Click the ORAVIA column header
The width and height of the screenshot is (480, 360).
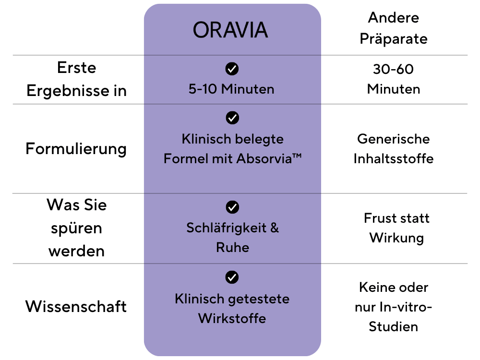[x=230, y=30]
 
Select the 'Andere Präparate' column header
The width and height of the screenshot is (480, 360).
[x=394, y=28]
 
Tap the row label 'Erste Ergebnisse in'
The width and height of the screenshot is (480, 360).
[x=76, y=79]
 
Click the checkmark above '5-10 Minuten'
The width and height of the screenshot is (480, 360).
[x=232, y=69]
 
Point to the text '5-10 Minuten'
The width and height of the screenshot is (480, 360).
[x=231, y=89]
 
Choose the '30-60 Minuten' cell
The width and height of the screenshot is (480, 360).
[x=394, y=79]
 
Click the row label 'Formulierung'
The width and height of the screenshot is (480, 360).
[x=76, y=149]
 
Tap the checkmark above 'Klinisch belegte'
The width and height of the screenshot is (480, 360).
[x=232, y=118]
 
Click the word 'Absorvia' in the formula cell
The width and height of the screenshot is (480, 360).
[x=264, y=158]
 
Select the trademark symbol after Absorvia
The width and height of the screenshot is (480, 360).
[x=297, y=156]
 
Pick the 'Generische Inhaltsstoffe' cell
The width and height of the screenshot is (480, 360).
[x=394, y=149]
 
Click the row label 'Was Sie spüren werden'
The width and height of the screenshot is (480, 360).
[x=76, y=228]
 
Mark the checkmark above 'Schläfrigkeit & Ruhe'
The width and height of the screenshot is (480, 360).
[x=232, y=207]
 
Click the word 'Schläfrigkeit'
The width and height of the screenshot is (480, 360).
[x=227, y=228]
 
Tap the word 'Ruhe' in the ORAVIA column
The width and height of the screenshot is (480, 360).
[x=233, y=247]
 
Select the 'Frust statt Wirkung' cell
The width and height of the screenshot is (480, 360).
[x=396, y=228]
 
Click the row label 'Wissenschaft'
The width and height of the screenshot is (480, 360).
[x=76, y=306]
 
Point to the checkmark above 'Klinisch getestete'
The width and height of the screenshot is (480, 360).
[x=232, y=277]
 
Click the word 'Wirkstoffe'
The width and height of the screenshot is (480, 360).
[x=232, y=318]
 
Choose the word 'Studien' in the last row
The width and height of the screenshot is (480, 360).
[x=394, y=326]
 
